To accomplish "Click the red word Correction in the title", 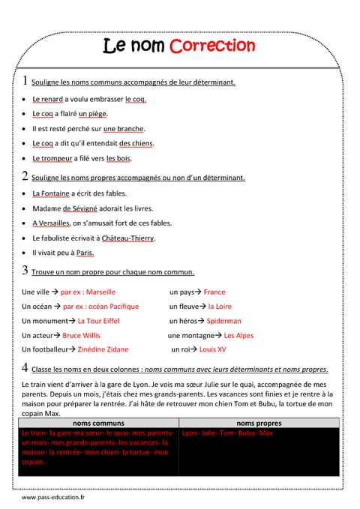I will [x=212, y=46].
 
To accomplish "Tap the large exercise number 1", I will [x=25, y=81].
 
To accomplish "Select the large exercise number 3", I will [x=25, y=271].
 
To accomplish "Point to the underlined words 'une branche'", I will [x=124, y=129].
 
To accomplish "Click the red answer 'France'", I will [x=214, y=292].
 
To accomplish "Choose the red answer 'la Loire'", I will [x=220, y=307].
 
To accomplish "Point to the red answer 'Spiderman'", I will [x=223, y=321].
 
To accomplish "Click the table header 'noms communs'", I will [x=98, y=423].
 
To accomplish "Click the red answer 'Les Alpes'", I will [x=238, y=335].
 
